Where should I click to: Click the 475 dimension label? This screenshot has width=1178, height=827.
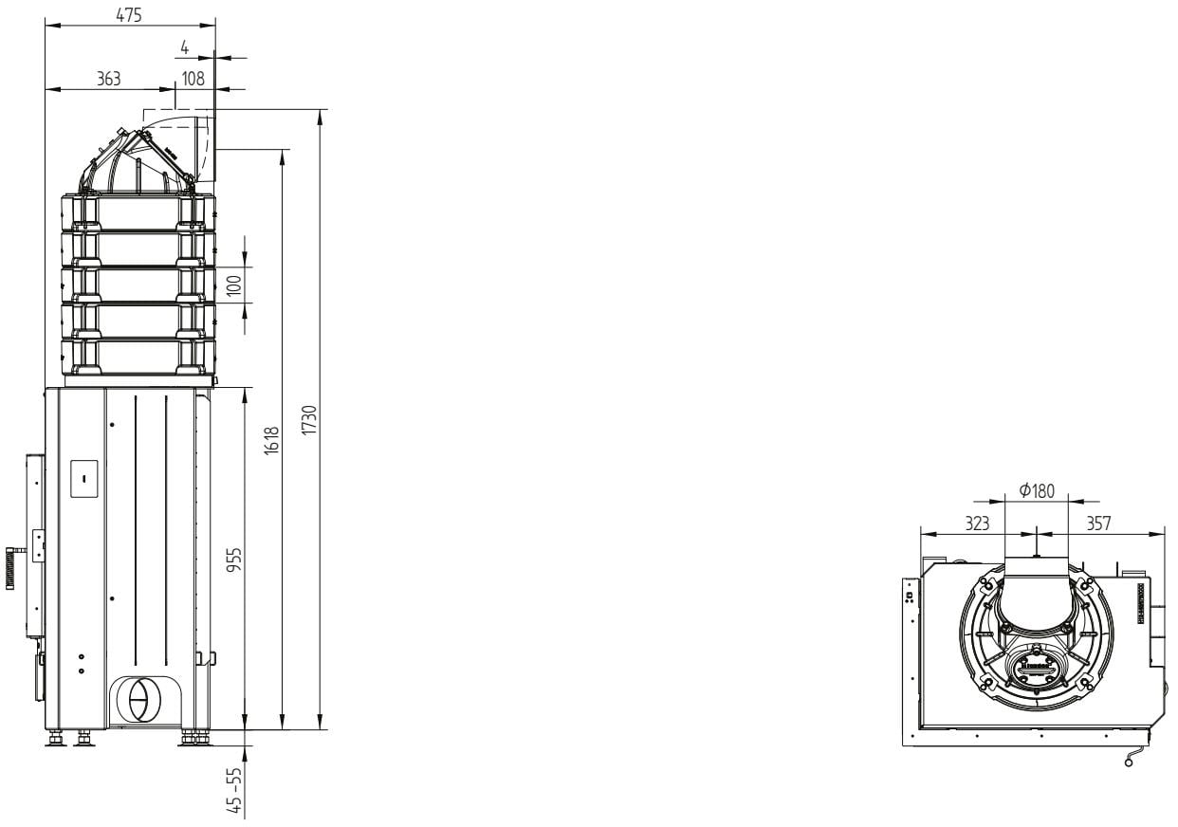click(x=129, y=15)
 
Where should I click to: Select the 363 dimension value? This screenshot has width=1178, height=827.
click(x=109, y=79)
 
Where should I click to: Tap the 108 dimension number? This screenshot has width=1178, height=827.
click(x=193, y=79)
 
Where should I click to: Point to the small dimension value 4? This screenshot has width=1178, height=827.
click(x=185, y=47)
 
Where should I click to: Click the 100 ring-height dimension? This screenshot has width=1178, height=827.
click(x=234, y=285)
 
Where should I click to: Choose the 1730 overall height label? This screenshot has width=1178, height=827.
click(x=310, y=419)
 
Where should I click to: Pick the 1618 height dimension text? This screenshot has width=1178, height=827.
click(x=271, y=441)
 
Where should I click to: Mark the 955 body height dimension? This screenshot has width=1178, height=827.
click(x=234, y=560)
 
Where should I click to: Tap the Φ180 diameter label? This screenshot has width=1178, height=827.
click(x=1037, y=491)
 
